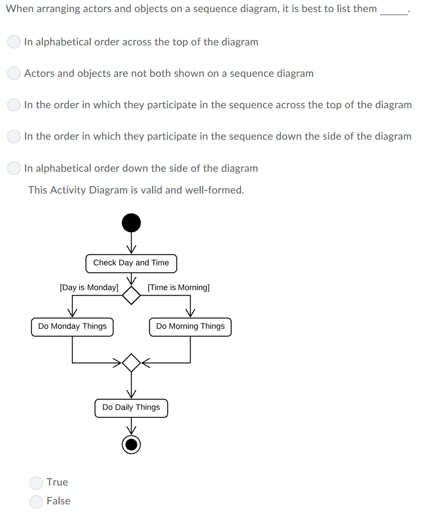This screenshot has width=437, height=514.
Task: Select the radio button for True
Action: pos(37,483)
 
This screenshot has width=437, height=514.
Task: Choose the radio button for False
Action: pos(37,501)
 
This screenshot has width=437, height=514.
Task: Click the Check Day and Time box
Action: pos(131,263)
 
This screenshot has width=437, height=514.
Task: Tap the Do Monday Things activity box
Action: pos(72,327)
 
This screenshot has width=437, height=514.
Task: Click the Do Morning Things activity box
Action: pos(190,327)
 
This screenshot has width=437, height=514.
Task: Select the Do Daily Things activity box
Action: pos(131,408)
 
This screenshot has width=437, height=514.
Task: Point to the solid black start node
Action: pos(131,223)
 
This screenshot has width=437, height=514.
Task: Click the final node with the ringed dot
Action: pos(131,444)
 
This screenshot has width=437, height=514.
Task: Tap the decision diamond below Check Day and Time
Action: pos(131,295)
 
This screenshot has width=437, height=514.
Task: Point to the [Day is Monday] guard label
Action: pos(89,288)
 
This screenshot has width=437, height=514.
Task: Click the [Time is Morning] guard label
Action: pos(179,288)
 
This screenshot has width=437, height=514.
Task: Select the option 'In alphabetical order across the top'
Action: pos(15,42)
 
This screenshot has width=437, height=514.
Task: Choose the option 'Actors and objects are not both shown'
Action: pos(15,74)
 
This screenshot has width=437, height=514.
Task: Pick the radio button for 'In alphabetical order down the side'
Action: pos(15,168)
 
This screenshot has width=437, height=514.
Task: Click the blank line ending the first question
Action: pos(394,11)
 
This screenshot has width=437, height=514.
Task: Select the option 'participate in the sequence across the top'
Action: pos(15,105)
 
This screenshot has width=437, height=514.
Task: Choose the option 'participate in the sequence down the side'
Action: pos(15,137)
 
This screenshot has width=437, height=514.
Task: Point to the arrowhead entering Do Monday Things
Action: pos(72,313)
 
